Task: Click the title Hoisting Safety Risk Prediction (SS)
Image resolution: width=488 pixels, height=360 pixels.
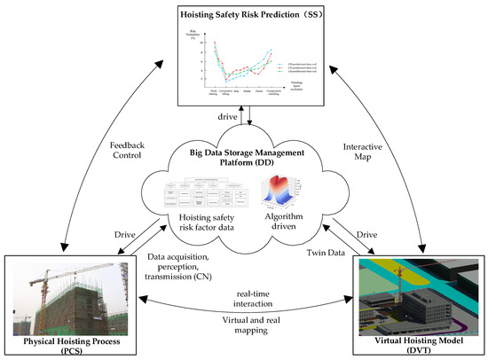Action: click(x=243, y=14)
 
